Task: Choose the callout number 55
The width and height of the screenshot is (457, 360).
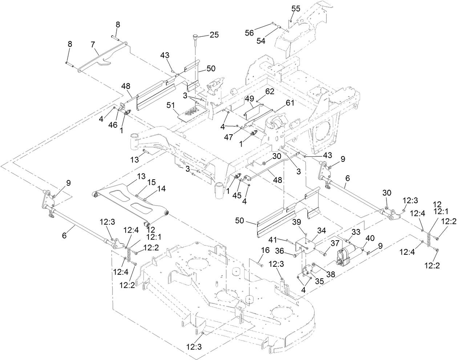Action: point(296,9)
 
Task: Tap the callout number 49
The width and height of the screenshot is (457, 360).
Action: point(249,99)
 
